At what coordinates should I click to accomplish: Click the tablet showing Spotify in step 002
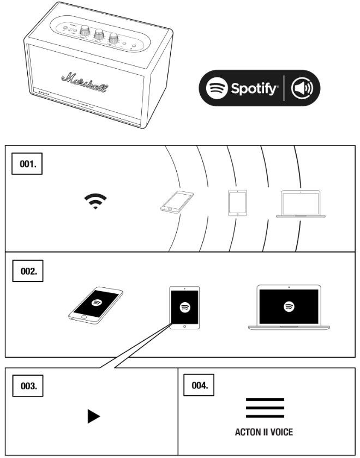click(184, 308)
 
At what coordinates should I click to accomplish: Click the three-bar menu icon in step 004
click(265, 408)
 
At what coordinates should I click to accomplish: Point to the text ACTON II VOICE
click(265, 432)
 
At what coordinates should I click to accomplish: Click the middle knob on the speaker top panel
click(99, 34)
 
